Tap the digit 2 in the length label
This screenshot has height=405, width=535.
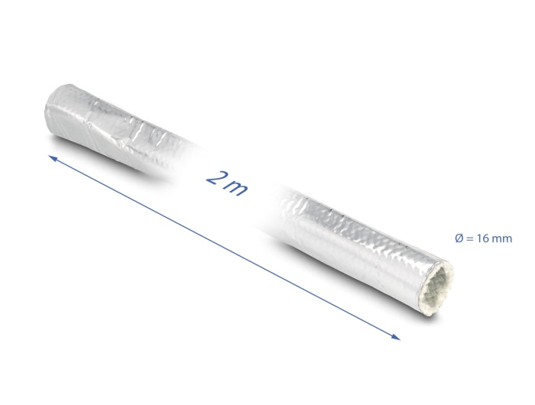(x=215, y=178)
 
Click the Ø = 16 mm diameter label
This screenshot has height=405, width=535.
(x=483, y=239)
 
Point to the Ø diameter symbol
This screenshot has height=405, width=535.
(x=459, y=239)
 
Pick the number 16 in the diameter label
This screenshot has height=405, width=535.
(x=484, y=239)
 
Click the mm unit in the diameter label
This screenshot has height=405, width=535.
(x=502, y=239)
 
